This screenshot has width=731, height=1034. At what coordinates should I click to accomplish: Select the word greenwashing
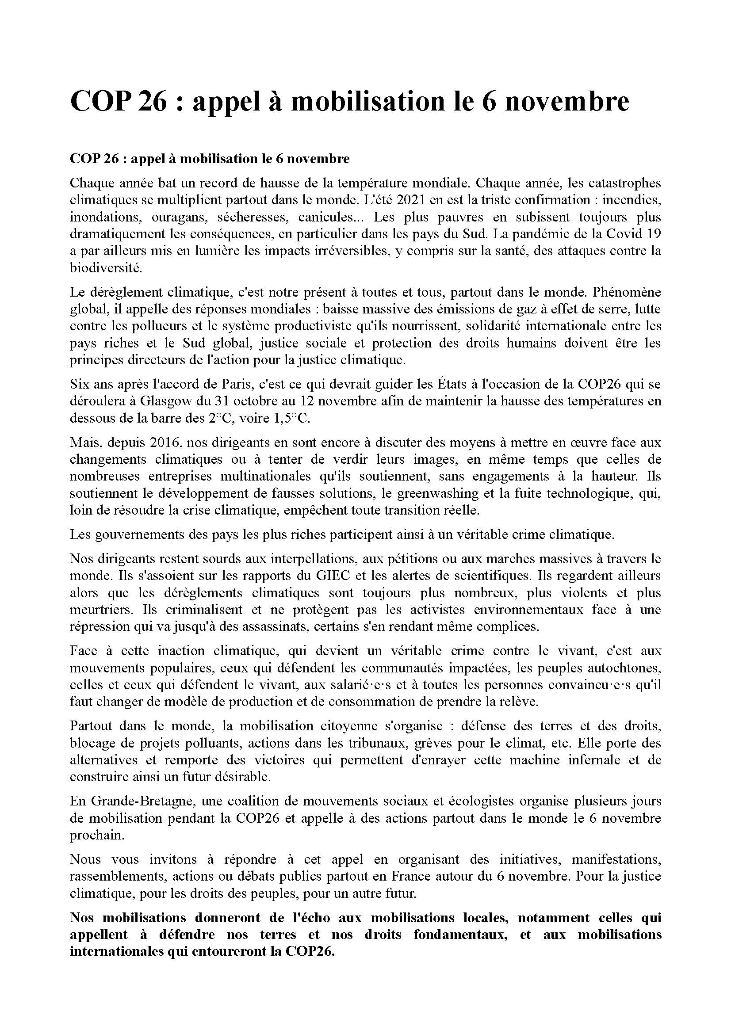[x=437, y=493]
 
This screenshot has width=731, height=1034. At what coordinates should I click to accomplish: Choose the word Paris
[x=224, y=384]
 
